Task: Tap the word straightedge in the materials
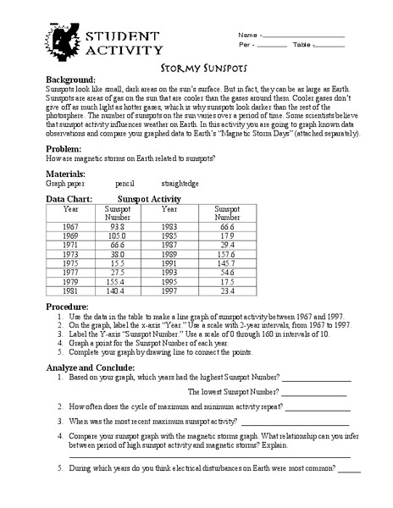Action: pyautogui.click(x=180, y=182)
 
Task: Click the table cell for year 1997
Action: pyautogui.click(x=169, y=289)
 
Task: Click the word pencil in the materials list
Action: pyautogui.click(x=125, y=182)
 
